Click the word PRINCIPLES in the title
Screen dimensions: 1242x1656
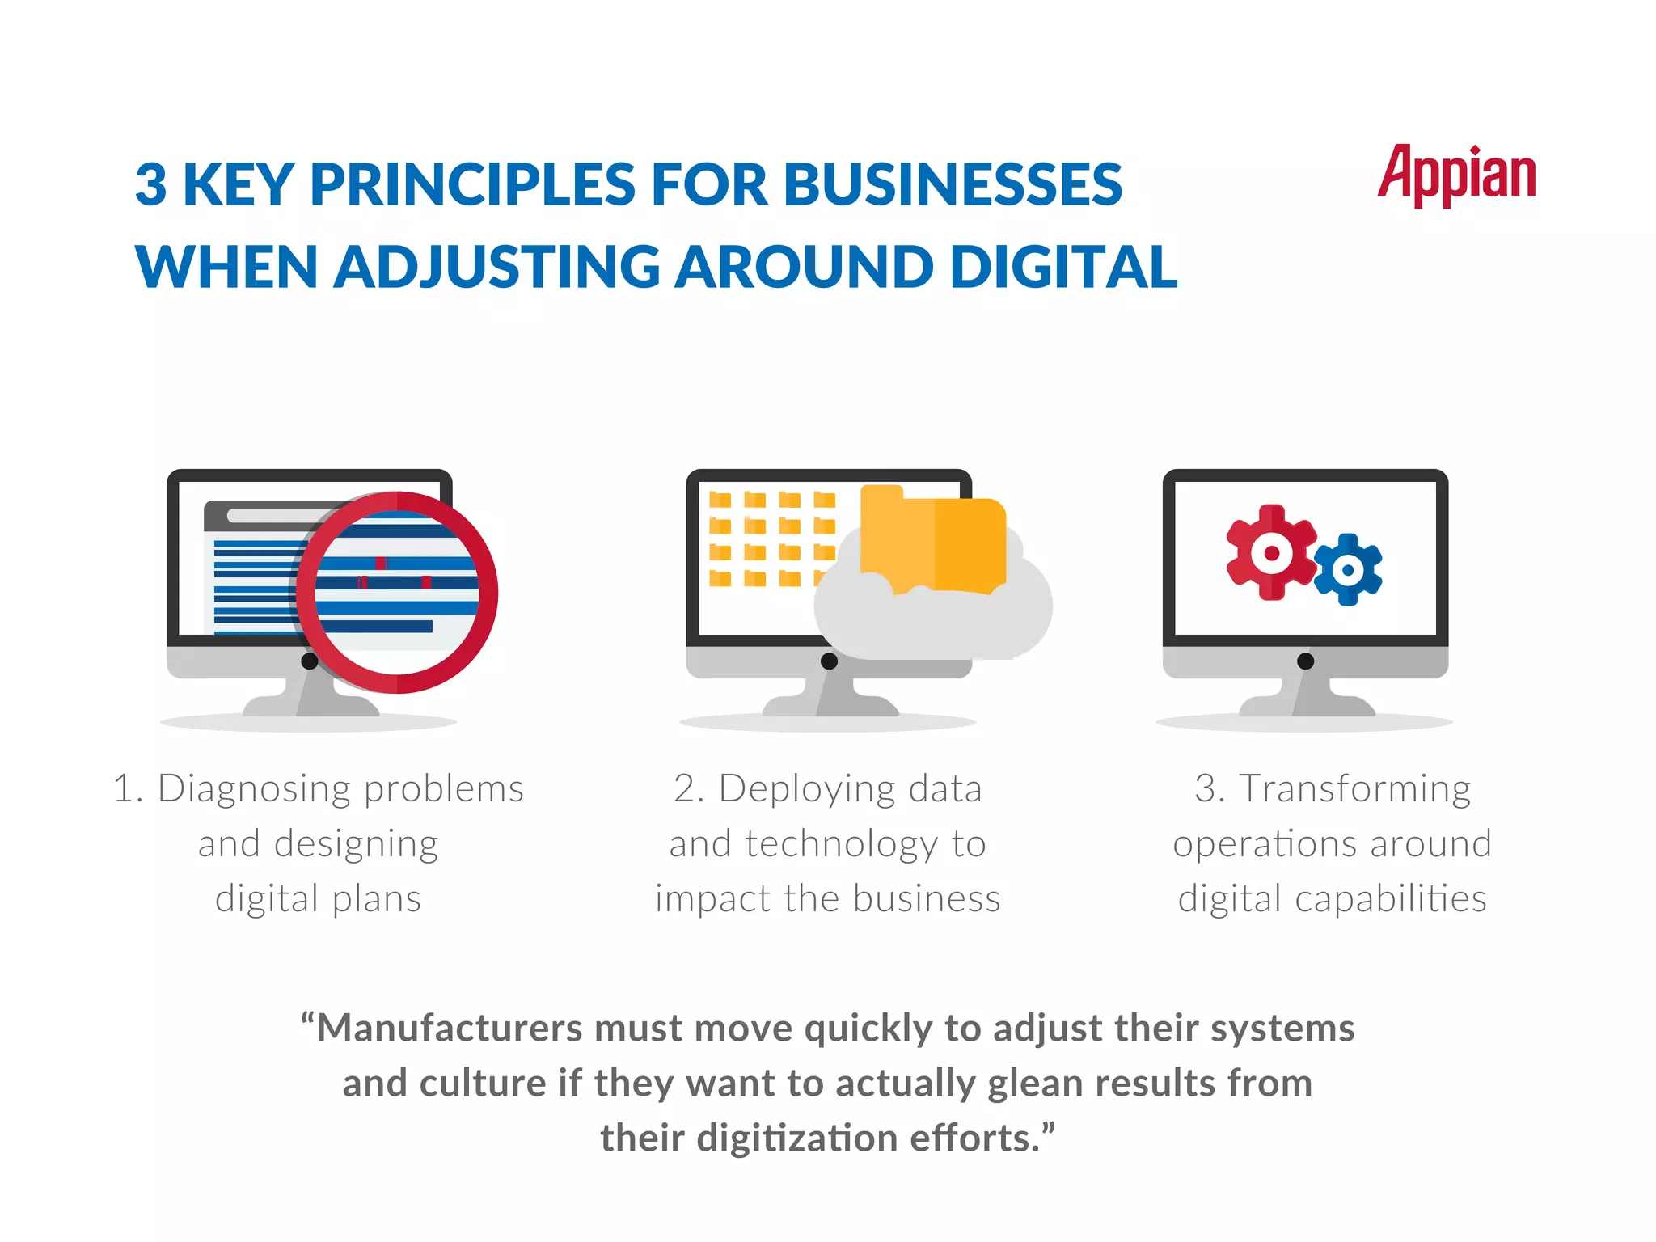tap(472, 185)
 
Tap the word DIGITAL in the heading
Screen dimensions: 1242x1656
tap(1063, 267)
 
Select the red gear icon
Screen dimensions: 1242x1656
tap(1270, 553)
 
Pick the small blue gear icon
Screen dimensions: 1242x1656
tap(1347, 569)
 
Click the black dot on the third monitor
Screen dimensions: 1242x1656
tap(1305, 661)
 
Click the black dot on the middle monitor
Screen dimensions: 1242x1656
tap(829, 661)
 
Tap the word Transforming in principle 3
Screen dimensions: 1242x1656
tap(1354, 788)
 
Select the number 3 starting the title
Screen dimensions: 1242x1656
tap(151, 185)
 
